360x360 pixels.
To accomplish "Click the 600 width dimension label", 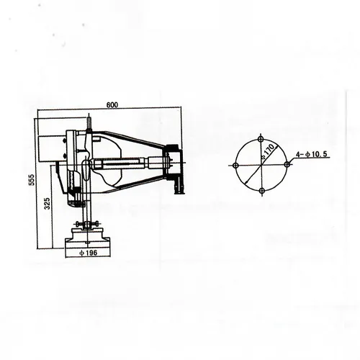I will pos(111,105).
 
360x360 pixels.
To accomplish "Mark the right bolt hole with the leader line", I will pos(287,164).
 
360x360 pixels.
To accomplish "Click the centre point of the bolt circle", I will pos(261,164).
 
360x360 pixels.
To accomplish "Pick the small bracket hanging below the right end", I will pos(181,185).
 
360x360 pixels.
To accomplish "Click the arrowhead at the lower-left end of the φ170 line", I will pos(245,181).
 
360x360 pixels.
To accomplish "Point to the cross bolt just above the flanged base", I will pos(88,222).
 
